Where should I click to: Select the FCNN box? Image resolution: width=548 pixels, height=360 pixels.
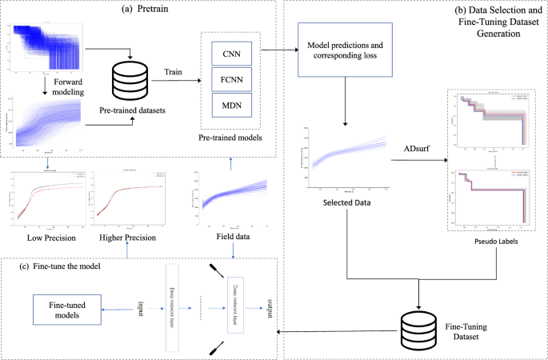pos(232,80)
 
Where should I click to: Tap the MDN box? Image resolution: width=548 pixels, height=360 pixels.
pos(232,105)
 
